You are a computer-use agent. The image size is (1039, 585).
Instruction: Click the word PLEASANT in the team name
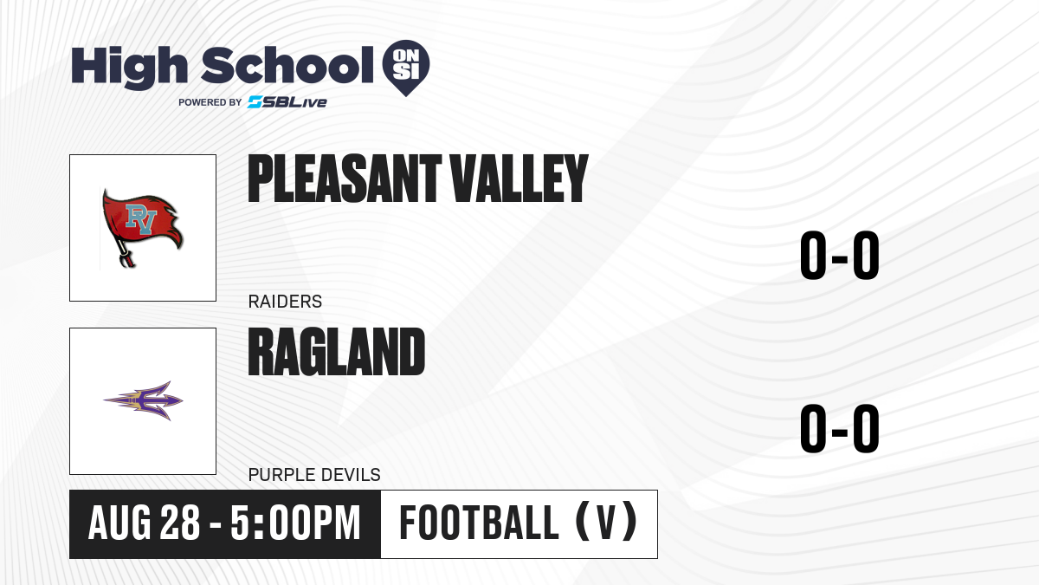345,179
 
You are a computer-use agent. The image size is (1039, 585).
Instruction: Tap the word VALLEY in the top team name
519,179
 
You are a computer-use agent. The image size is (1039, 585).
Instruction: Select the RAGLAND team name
336,352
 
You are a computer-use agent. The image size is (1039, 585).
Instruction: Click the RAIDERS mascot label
285,302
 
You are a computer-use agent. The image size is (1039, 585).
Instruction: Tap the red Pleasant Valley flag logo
142,227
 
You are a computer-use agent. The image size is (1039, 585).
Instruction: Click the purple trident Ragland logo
143,400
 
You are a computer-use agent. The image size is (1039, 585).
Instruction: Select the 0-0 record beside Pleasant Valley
840,256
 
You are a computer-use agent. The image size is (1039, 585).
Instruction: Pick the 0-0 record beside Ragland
840,428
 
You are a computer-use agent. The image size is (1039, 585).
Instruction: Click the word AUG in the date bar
119,523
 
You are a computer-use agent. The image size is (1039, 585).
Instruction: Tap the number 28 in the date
180,523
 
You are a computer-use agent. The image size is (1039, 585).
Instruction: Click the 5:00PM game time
295,523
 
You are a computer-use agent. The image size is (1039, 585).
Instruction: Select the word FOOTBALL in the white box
479,523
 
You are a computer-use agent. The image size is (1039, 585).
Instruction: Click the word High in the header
129,67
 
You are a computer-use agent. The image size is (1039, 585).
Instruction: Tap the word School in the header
287,66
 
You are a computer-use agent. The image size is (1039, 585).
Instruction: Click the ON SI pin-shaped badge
406,68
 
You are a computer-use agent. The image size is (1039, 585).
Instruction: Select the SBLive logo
287,102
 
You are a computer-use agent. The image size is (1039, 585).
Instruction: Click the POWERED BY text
210,102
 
